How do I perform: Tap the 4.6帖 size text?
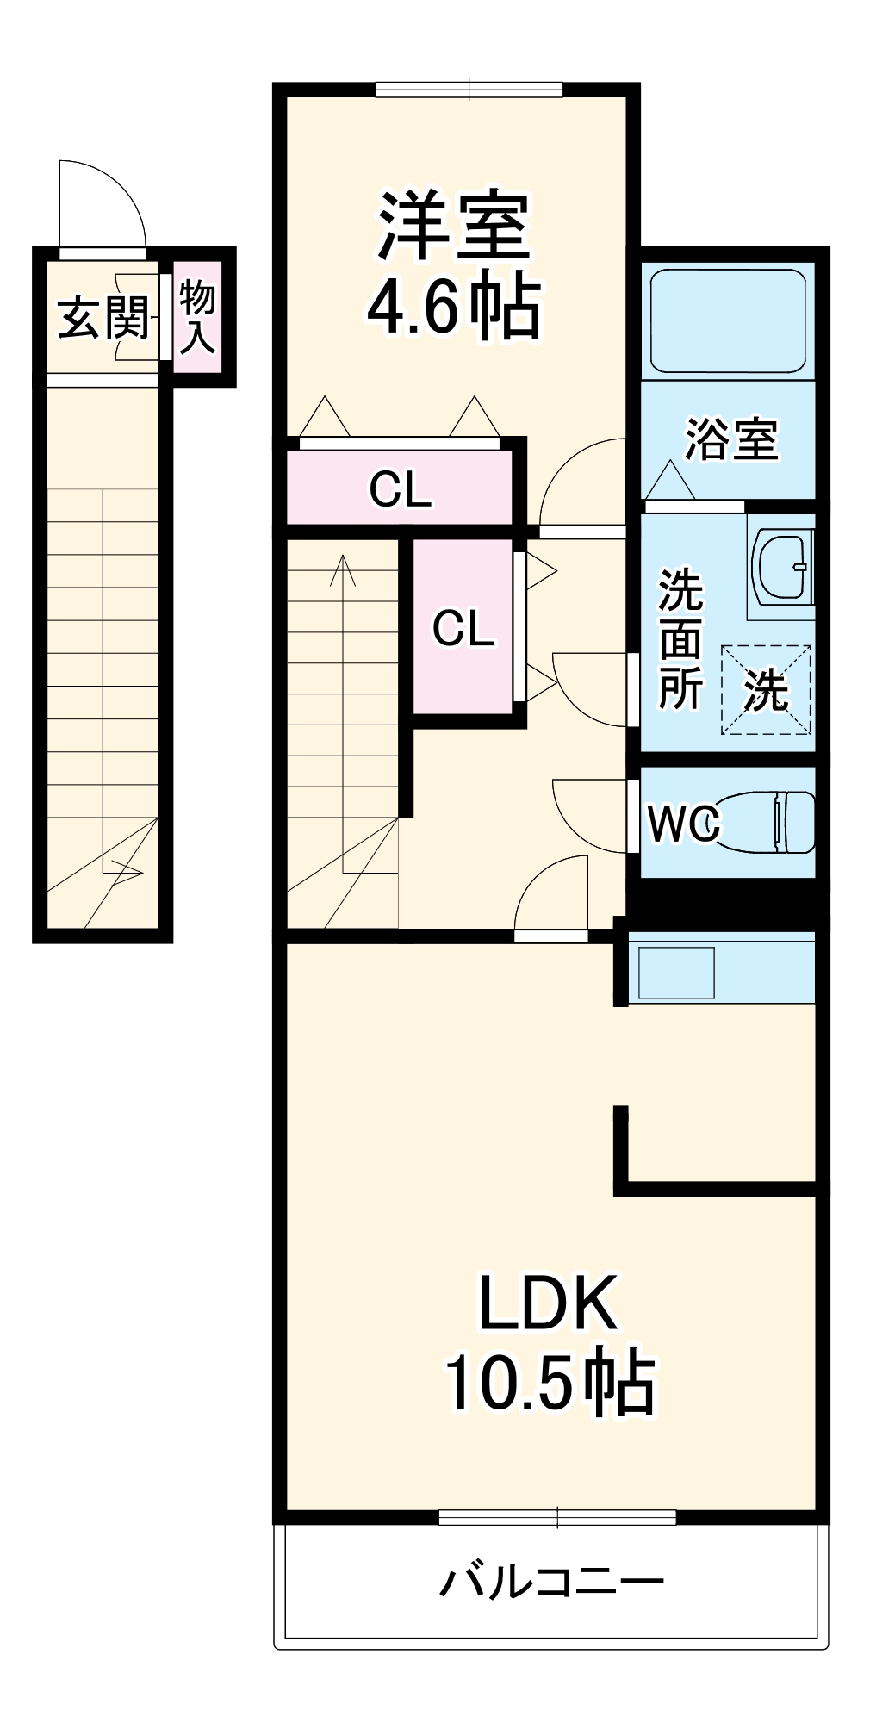point(454,306)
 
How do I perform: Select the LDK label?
point(548,1303)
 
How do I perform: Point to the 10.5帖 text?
point(548,1384)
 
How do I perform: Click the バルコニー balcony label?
point(551,1582)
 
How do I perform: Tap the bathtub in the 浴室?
point(728,320)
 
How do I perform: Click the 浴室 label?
point(730,439)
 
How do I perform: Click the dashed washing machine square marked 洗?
point(766,689)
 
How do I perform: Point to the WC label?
point(683,824)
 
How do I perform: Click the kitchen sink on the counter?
point(672,973)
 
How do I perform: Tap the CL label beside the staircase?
point(463,628)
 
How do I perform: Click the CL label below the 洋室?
point(400,490)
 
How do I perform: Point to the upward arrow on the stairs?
point(343,573)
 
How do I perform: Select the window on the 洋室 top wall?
point(469,89)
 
